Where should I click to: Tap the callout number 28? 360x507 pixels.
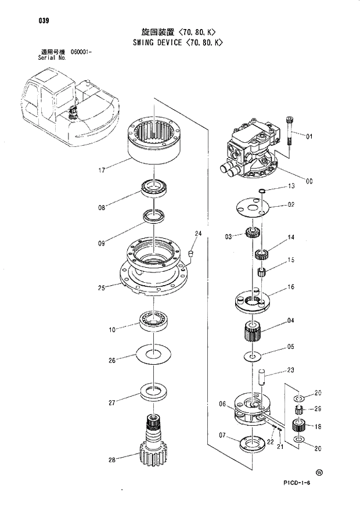coord(112,460)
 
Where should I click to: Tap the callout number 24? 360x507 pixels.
coord(198,233)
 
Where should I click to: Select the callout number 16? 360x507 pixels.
coord(291,287)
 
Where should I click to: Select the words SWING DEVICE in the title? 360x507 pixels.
coord(152,42)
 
